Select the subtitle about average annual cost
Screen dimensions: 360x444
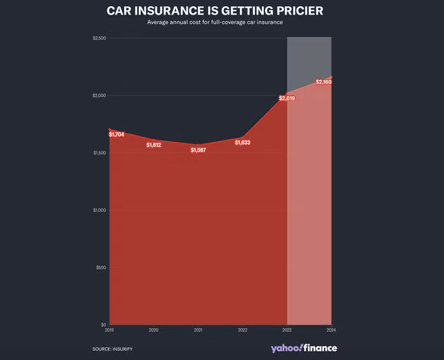[215, 23]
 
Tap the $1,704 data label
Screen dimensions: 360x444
[117, 134]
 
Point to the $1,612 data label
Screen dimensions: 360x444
[154, 145]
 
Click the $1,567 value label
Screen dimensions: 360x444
[199, 150]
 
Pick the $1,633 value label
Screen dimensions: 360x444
[242, 143]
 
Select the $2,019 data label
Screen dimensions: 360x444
[287, 98]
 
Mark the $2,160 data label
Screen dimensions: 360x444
[324, 82]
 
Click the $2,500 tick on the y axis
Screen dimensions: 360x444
[98, 39]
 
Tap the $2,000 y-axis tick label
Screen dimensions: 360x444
[98, 96]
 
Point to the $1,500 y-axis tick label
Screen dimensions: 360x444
[98, 153]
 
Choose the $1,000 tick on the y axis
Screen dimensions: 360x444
[98, 210]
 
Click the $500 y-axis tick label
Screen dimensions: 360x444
[100, 267]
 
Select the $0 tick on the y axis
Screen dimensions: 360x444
[103, 325]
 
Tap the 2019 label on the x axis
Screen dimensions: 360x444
[110, 330]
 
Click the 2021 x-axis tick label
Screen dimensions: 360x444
[199, 330]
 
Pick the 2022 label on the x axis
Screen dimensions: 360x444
[242, 330]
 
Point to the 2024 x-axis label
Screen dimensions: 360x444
[331, 330]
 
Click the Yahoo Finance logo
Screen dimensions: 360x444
[303, 348]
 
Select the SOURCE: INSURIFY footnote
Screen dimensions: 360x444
[112, 349]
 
